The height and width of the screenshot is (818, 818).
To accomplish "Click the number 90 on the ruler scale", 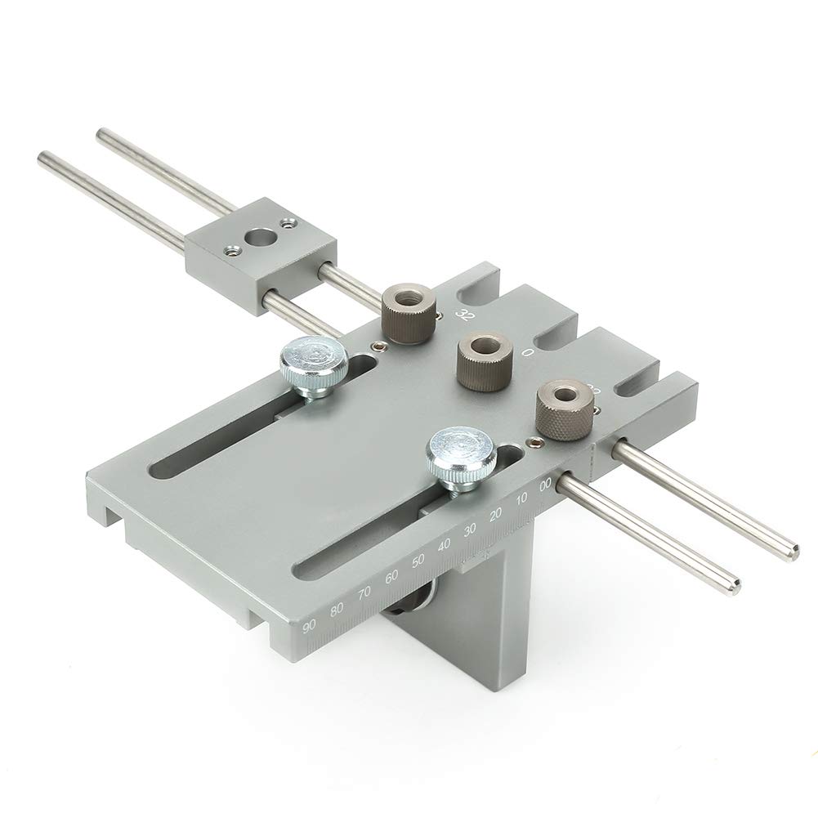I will [309, 627].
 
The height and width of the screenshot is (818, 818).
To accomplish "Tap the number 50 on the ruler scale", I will [418, 561].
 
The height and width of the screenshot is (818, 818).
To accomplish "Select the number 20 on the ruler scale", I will [494, 515].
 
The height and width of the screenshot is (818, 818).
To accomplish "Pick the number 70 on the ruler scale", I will [364, 592].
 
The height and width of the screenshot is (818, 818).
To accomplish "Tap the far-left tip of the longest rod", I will [43, 156].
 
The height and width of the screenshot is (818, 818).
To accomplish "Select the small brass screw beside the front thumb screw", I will [534, 442].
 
